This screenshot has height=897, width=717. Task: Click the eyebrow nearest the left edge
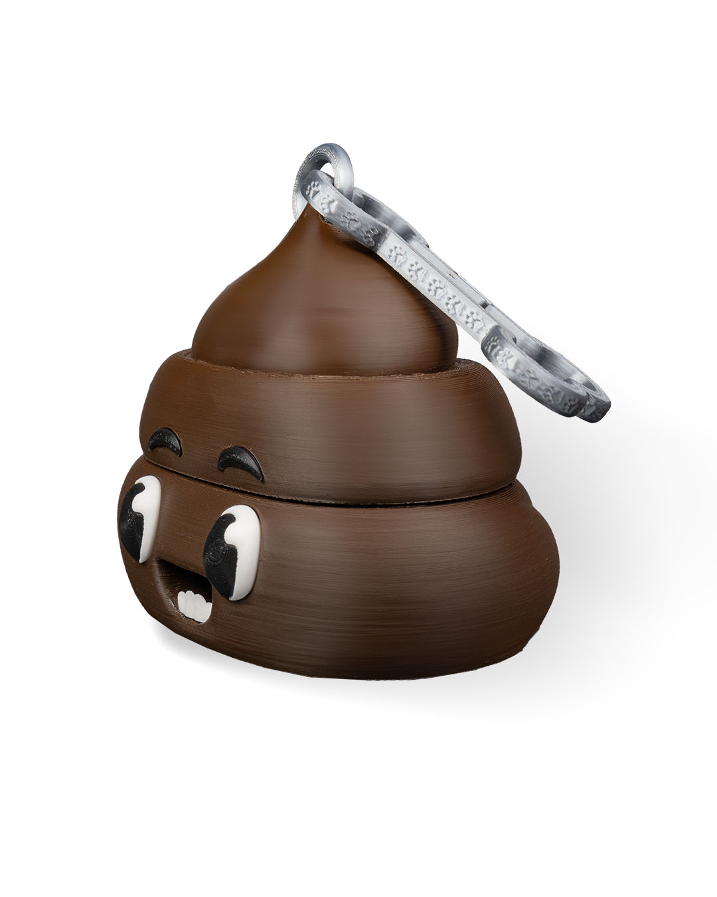(165, 441)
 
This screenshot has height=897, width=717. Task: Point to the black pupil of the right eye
(222, 555)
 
